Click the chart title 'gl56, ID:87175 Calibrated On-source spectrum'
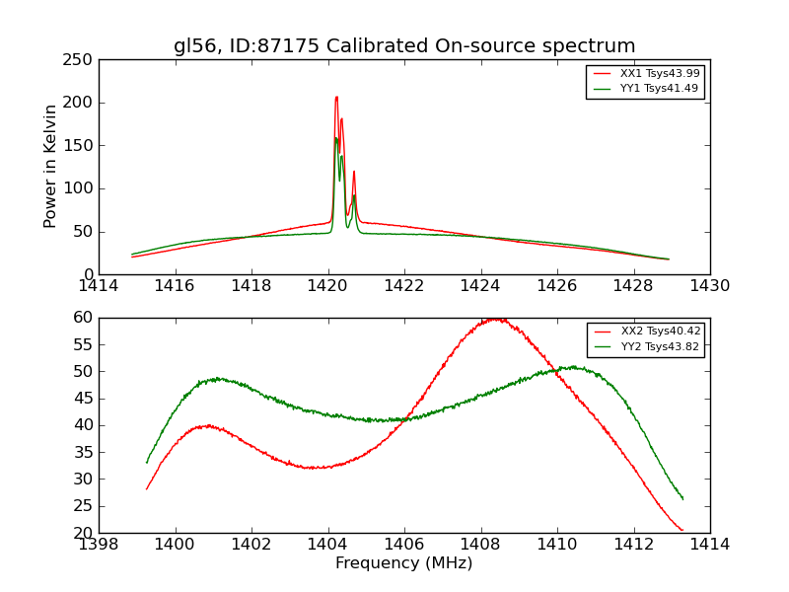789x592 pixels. coord(404,46)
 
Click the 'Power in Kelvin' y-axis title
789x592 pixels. coord(50,167)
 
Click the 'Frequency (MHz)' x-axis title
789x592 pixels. coord(404,563)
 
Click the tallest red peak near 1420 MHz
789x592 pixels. coord(336,97)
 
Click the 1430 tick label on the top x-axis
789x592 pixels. coord(710,286)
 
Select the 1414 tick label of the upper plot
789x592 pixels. coord(99,286)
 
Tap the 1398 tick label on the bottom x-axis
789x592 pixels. coord(99,545)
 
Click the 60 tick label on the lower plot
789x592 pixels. coord(83,318)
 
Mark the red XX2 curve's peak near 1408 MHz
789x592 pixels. coord(495,319)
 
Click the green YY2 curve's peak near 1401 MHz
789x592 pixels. coord(217,378)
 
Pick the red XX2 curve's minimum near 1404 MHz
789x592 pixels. coord(316,468)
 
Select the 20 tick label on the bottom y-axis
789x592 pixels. coord(83,533)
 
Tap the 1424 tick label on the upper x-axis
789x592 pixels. coord(480,286)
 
